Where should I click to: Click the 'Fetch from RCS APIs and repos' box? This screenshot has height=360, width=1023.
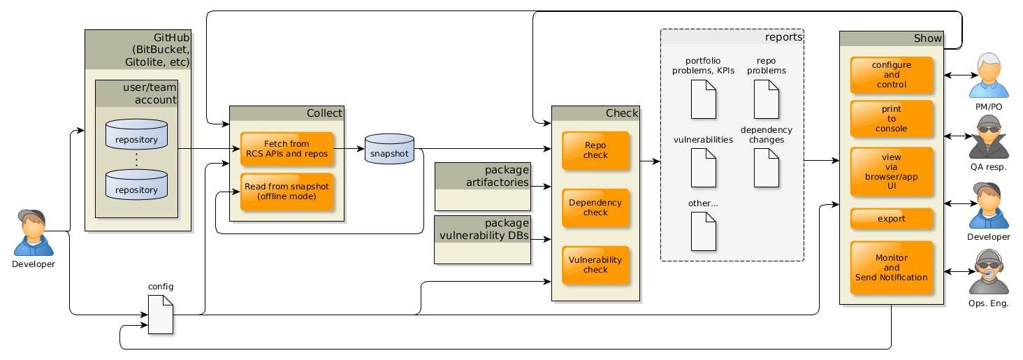click(x=286, y=149)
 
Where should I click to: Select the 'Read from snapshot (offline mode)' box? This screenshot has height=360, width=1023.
click(x=286, y=191)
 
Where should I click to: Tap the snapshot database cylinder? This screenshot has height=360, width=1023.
click(x=389, y=150)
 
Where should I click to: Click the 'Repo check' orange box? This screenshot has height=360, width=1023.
click(x=595, y=150)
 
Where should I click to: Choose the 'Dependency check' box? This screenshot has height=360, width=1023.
click(x=595, y=208)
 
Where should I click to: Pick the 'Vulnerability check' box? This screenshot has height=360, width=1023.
click(x=595, y=264)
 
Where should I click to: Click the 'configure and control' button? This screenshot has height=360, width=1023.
click(x=892, y=75)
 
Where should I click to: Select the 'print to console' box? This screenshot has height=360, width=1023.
click(x=892, y=119)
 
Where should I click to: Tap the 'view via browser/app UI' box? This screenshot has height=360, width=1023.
click(x=892, y=172)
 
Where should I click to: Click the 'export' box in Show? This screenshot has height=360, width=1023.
click(x=892, y=219)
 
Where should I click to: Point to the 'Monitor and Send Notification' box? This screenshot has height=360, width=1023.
click(x=892, y=268)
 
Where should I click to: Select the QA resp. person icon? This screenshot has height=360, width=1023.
click(x=989, y=136)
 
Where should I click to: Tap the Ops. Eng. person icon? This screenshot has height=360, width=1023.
click(x=989, y=272)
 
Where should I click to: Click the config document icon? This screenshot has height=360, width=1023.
click(x=161, y=314)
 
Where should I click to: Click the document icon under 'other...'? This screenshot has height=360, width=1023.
click(x=704, y=231)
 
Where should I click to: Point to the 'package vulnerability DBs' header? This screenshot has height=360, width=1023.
click(x=483, y=229)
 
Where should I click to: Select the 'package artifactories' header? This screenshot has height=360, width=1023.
click(x=483, y=175)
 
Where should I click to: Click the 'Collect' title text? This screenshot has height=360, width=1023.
click(x=324, y=113)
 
